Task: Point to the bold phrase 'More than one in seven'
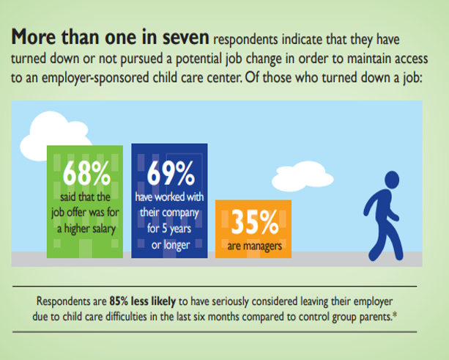coord(110,37)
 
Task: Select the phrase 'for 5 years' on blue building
coord(170,228)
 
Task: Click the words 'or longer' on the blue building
coord(170,243)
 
